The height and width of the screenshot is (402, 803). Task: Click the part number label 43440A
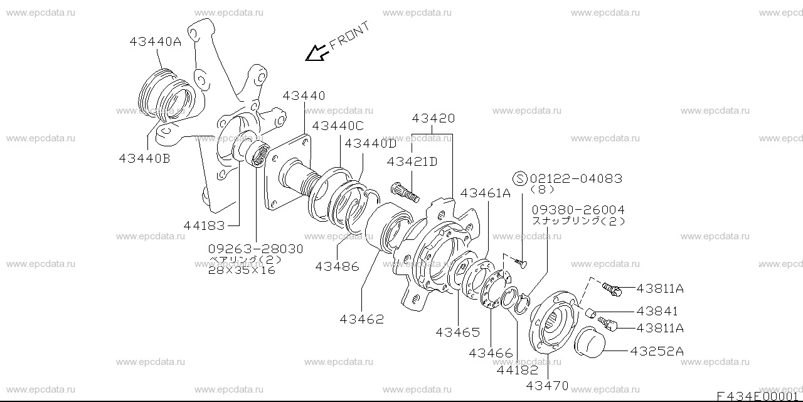[155, 42]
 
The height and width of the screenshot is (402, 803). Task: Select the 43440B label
[144, 159]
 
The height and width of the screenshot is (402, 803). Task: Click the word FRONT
[350, 35]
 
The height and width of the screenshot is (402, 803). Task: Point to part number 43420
[433, 119]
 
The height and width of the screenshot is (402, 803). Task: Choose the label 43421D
[412, 161]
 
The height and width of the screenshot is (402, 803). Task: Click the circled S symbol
[520, 178]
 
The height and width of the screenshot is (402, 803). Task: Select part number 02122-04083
[577, 178]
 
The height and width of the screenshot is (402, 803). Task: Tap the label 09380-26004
[578, 210]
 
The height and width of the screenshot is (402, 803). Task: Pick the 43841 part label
[657, 311]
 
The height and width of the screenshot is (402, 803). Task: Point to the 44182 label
[517, 370]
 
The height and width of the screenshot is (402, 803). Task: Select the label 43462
[362, 319]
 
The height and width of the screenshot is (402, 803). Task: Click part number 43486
[337, 266]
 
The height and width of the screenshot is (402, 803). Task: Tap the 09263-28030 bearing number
[256, 249]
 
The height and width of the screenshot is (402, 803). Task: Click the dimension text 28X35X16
[242, 270]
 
